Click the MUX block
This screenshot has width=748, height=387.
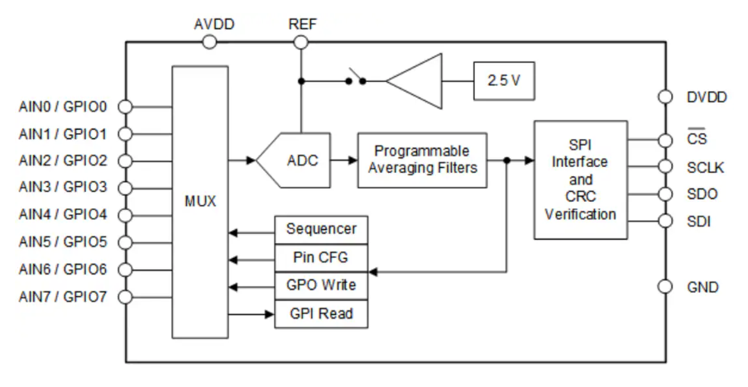(199, 201)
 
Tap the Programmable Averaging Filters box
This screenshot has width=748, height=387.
(422, 160)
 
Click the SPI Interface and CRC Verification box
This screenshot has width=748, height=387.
(580, 179)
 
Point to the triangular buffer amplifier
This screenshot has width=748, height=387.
(414, 81)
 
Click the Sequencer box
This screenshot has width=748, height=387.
(321, 229)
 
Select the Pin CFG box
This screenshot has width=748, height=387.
(321, 257)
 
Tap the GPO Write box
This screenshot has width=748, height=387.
(321, 285)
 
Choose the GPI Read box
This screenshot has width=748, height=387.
(321, 313)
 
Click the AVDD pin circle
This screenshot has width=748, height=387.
(209, 41)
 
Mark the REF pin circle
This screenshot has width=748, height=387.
(301, 41)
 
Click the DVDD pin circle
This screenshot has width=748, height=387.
(665, 97)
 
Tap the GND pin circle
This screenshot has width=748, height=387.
(665, 287)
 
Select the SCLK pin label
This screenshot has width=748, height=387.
(705, 168)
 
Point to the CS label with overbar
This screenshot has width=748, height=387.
(697, 140)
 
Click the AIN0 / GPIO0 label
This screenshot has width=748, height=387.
(63, 106)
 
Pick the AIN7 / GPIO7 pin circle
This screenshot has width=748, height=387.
(125, 297)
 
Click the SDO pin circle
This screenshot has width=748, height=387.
(665, 194)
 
